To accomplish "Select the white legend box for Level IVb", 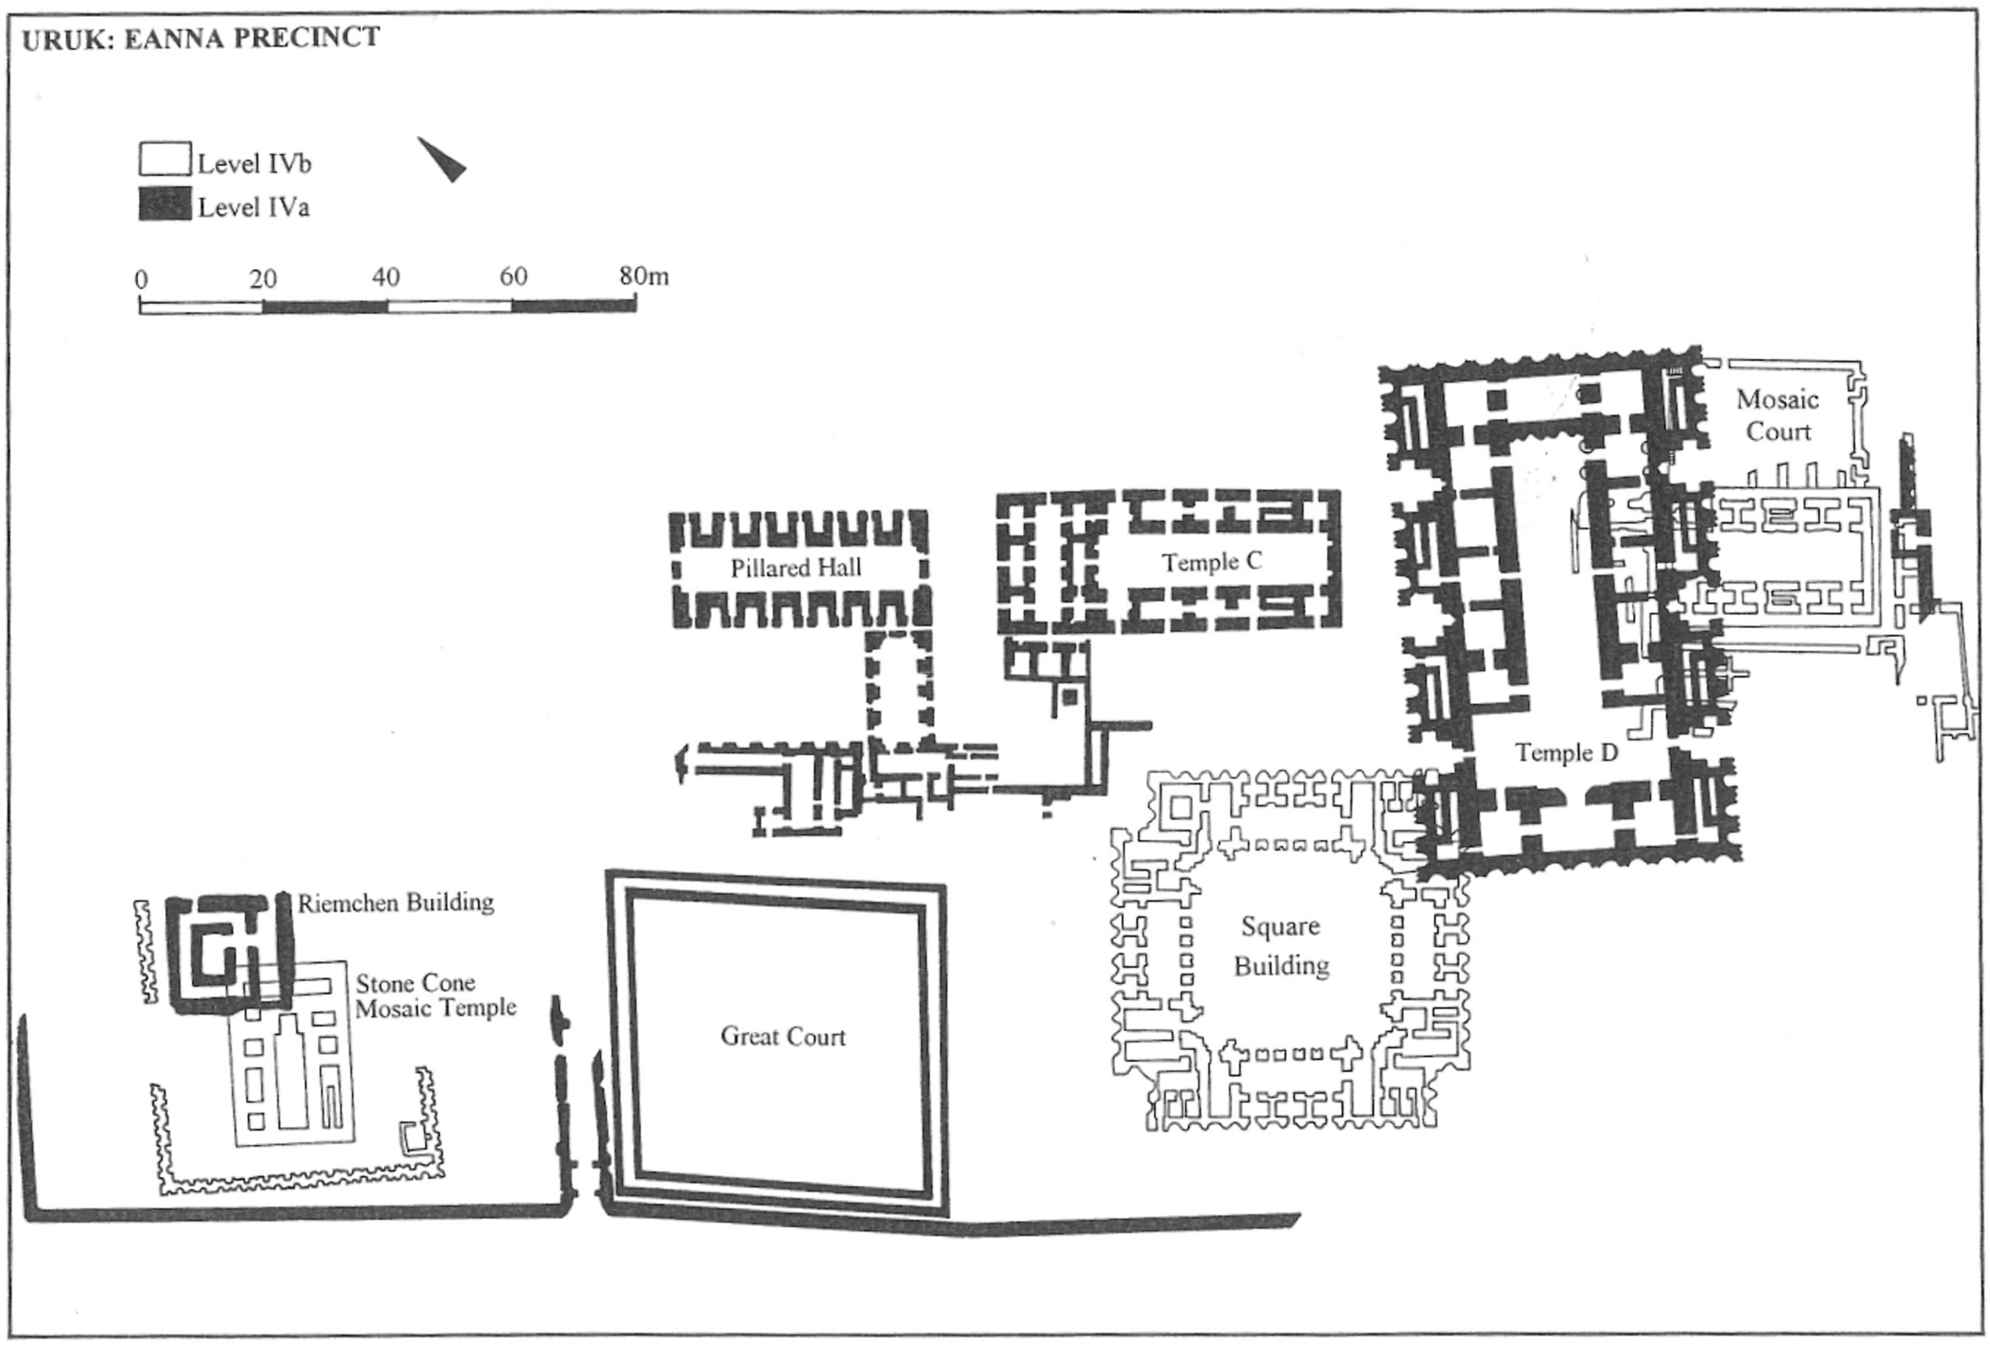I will point(164,159).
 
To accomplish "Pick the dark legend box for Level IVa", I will point(164,204).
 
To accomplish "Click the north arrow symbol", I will point(444,159).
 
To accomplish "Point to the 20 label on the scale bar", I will point(263,279).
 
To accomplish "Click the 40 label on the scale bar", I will point(386,277).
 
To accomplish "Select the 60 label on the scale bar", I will point(513,276).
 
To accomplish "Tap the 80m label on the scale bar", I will point(644,276).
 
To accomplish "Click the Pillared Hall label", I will point(796,567).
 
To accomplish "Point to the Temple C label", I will point(1211,562).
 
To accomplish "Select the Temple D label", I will point(1566,753).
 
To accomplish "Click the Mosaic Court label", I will point(1777,415).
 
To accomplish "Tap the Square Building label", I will point(1281,946).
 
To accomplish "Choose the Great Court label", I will point(782,1036).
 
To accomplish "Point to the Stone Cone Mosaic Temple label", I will point(435,996).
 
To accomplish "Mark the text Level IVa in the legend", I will point(254,207).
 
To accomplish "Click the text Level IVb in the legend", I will point(254,163).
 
